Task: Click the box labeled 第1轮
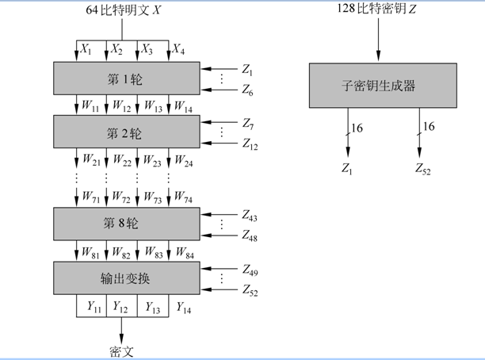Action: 128,79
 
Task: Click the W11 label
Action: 89,105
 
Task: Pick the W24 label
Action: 184,163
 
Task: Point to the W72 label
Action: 120,196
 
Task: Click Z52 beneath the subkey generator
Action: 423,168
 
